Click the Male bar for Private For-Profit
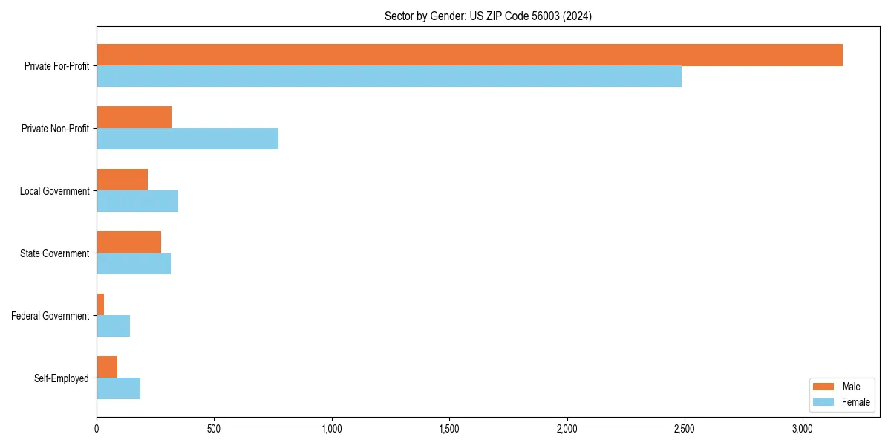469,55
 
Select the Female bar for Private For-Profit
389,77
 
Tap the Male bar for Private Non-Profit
134,117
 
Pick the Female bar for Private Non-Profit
187,139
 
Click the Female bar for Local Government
137,201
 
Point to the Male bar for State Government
128,242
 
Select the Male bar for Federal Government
100,305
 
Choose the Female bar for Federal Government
113,326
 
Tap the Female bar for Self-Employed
118,389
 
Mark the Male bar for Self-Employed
107,367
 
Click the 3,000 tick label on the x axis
802,429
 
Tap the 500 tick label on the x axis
214,429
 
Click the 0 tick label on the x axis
97,429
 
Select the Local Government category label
54,191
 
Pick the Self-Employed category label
61,378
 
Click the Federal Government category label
50,316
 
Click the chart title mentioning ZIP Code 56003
488,16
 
